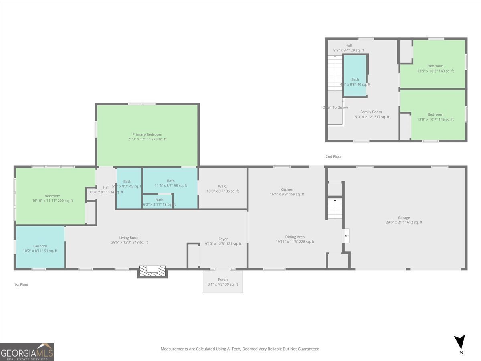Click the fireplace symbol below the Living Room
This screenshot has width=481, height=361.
(152, 271)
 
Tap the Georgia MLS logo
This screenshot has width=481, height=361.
(27, 352)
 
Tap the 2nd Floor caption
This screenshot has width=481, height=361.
(333, 156)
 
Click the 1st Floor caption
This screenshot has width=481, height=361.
(21, 284)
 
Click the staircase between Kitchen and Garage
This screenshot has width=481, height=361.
(335, 209)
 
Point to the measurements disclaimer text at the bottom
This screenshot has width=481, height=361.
(240, 349)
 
